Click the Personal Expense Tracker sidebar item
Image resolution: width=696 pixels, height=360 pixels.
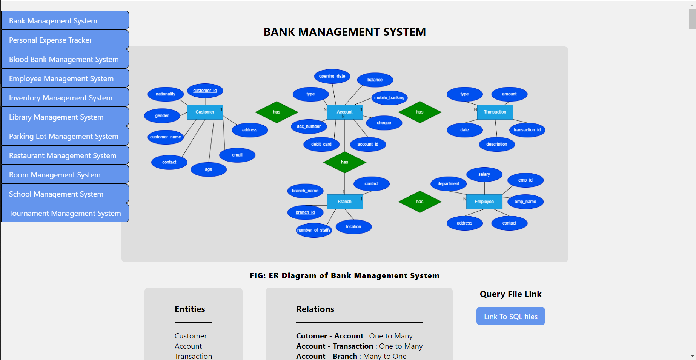(65, 40)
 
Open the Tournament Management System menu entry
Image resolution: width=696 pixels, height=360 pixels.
(65, 213)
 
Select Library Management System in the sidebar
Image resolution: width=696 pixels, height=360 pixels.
(65, 117)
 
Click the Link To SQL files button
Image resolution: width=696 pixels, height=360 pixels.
(511, 316)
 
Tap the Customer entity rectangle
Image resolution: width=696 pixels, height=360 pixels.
(205, 112)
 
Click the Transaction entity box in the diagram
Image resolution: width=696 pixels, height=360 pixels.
(495, 112)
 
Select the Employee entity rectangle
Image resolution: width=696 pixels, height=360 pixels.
(484, 202)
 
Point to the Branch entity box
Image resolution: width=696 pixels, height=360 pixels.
(344, 202)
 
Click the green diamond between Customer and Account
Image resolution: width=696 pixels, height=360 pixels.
(277, 112)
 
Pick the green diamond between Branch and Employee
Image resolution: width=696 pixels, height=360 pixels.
(420, 202)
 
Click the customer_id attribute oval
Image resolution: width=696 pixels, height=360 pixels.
(205, 91)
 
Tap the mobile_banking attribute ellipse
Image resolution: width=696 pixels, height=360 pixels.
(389, 98)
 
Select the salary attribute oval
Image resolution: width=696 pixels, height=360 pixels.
(484, 174)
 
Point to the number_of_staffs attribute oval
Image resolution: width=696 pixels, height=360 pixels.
(314, 230)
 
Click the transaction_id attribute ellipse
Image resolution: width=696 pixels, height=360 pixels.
(527, 130)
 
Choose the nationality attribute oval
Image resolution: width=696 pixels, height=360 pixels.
(166, 94)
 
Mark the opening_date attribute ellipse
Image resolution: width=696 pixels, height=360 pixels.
(332, 76)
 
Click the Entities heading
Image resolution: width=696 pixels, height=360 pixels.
(190, 309)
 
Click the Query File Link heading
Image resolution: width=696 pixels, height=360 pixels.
(511, 294)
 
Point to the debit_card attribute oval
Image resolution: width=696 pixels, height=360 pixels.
(321, 144)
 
